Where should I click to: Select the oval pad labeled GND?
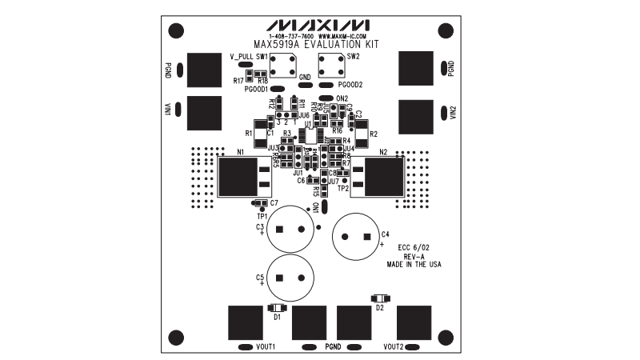tap(305, 84)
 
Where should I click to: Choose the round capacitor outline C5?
tap(290, 278)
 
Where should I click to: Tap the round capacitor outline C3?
tap(290, 230)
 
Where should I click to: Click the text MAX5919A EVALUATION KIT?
tap(320, 46)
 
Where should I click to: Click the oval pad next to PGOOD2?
tap(326, 84)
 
